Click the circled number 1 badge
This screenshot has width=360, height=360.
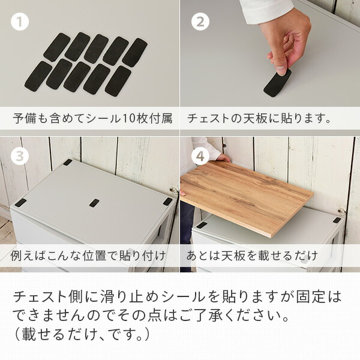click(x=20, y=22)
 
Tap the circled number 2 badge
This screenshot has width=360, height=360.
click(x=200, y=22)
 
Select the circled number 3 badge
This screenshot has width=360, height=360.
click(x=20, y=156)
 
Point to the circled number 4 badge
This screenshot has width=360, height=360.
click(x=200, y=156)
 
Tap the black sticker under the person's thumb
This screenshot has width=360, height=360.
click(x=277, y=83)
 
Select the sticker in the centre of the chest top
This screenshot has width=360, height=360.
click(x=94, y=203)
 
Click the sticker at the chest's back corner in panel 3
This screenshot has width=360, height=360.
click(x=67, y=163)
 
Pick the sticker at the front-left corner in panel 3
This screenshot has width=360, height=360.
click(x=20, y=203)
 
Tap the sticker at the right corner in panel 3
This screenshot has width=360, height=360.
click(x=167, y=202)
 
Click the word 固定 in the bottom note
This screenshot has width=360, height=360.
click(x=310, y=296)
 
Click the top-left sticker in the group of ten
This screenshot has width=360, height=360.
click(x=57, y=47)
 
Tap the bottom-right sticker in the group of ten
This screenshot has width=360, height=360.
click(x=118, y=81)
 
